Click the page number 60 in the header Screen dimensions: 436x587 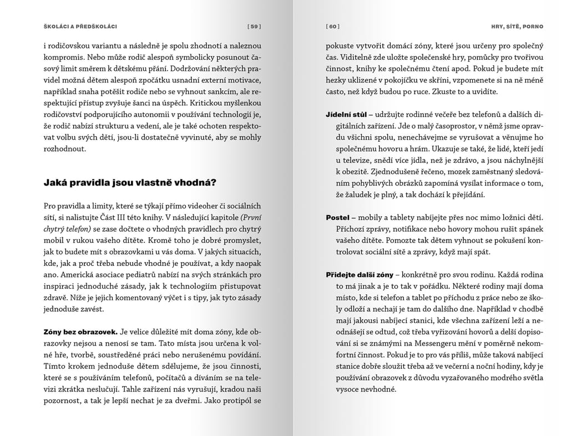[333, 26]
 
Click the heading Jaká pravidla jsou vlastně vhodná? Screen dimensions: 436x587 [129, 182]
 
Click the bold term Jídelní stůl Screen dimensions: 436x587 [345, 114]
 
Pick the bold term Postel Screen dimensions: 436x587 [337, 217]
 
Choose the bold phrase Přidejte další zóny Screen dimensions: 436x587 [360, 275]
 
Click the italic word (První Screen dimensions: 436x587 [247, 217]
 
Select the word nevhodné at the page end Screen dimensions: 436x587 [377, 389]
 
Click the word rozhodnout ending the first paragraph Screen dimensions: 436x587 [64, 148]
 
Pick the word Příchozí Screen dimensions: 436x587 [351, 229]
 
